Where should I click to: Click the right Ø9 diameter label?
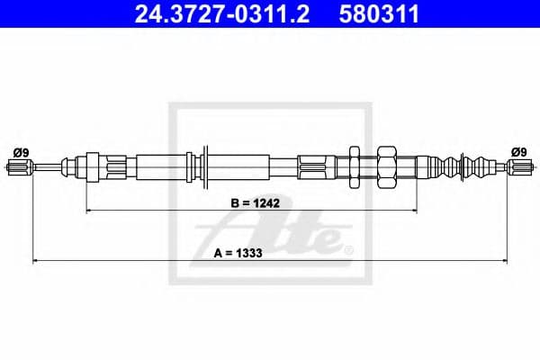[518, 151]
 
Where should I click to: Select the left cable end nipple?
[20, 166]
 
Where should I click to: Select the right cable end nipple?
[520, 166]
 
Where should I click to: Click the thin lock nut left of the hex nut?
[354, 166]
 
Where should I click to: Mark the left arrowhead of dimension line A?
[36, 261]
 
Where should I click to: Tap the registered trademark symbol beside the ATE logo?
[349, 248]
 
